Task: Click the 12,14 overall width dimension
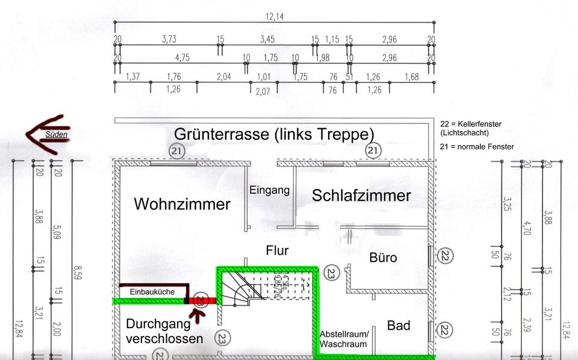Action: tap(275, 16)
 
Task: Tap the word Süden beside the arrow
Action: tap(56, 134)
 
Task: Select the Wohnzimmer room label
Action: tap(182, 204)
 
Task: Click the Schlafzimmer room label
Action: tap(361, 195)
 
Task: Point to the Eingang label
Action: tap(269, 190)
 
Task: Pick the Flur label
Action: tap(277, 250)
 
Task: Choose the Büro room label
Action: tap(383, 258)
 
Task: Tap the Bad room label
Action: tap(399, 326)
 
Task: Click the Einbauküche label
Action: tap(152, 292)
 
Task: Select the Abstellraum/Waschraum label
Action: tap(343, 340)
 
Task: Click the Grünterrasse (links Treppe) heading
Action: tap(274, 134)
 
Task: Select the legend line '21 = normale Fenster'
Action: tap(477, 147)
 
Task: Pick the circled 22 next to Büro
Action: tap(445, 256)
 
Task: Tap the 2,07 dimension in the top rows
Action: tap(263, 92)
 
